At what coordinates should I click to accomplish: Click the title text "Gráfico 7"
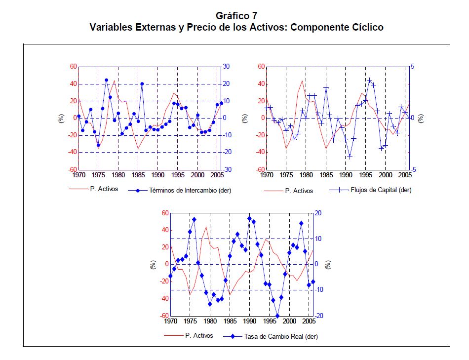[x=236, y=16]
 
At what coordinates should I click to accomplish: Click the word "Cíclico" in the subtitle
[x=365, y=27]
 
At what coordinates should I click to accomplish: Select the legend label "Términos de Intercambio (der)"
[x=190, y=190]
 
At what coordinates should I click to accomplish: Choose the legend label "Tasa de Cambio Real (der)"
[x=281, y=337]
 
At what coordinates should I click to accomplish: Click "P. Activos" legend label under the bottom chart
[x=199, y=335]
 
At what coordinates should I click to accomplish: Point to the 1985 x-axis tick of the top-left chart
[x=138, y=175]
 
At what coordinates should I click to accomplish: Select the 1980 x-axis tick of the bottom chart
[x=210, y=320]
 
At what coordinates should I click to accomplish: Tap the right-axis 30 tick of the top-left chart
[x=227, y=67]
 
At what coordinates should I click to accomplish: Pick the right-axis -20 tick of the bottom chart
[x=318, y=316]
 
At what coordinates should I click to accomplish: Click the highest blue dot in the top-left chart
[x=107, y=80]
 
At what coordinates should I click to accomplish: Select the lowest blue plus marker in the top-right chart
[x=350, y=157]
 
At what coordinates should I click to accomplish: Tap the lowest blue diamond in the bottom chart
[x=277, y=316]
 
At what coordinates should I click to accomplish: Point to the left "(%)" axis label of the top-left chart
[x=61, y=119]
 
